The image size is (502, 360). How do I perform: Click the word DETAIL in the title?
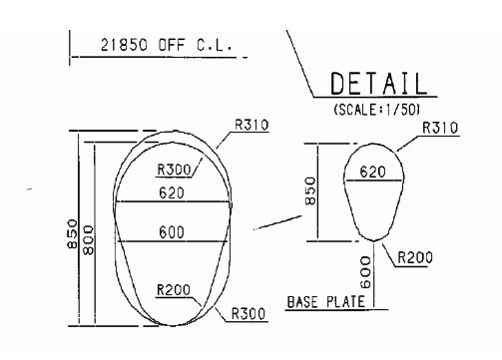click(x=379, y=84)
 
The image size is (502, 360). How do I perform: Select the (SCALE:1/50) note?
click(x=377, y=110)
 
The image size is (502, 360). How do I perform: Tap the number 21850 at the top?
click(x=124, y=45)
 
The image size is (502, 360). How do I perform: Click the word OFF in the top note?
click(x=171, y=45)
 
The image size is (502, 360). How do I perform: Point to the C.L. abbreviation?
click(x=214, y=45)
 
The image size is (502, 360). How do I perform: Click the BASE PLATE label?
click(x=326, y=302)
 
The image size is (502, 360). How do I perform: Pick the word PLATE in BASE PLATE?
click(x=345, y=302)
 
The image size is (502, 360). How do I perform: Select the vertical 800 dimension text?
click(x=88, y=240)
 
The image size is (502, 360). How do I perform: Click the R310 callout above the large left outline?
click(x=251, y=125)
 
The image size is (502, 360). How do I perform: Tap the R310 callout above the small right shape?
click(x=440, y=128)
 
